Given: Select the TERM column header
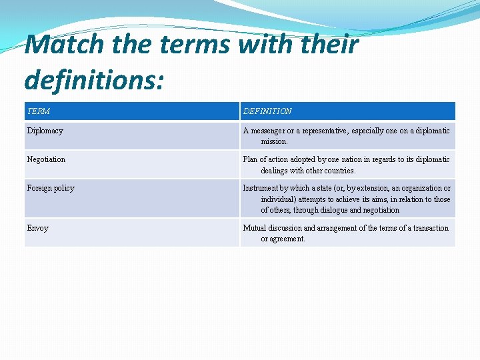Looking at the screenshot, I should (39, 111).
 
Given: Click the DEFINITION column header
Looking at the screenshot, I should (267, 111).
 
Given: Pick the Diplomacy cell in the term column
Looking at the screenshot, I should (45, 131).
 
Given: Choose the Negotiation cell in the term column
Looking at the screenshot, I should (46, 159).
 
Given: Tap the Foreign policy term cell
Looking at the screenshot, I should (51, 188).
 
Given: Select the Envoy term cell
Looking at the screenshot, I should (38, 228).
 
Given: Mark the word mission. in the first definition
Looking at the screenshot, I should (275, 141).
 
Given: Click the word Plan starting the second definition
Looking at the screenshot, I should (251, 159).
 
